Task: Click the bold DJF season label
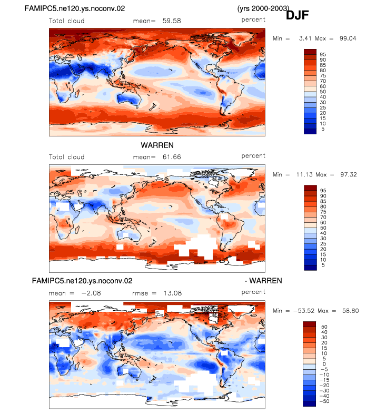pyautogui.click(x=298, y=15)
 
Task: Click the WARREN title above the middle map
pyautogui.click(x=157, y=145)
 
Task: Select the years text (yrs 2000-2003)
pyautogui.click(x=263, y=8)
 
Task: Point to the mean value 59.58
pyautogui.click(x=172, y=21)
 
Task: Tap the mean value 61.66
pyautogui.click(x=172, y=157)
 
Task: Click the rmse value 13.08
pyautogui.click(x=173, y=293)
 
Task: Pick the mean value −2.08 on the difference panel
pyautogui.click(x=91, y=293)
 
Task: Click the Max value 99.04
pyautogui.click(x=348, y=38)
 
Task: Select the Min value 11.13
pyautogui.click(x=304, y=174)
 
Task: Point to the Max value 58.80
pyautogui.click(x=350, y=311)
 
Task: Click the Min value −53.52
pyautogui.click(x=304, y=311)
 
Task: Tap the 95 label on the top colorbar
pyautogui.click(x=323, y=55)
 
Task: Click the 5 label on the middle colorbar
pyautogui.click(x=323, y=265)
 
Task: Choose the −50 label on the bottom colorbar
pyautogui.click(x=325, y=401)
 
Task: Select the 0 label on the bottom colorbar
pyautogui.click(x=324, y=364)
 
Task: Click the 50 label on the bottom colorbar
pyautogui.click(x=324, y=327)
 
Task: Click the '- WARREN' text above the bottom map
pyautogui.click(x=263, y=281)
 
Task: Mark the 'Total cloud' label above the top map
pyautogui.click(x=66, y=21)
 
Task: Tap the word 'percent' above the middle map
pyautogui.click(x=253, y=156)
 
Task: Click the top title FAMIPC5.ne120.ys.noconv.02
pyautogui.click(x=75, y=8)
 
